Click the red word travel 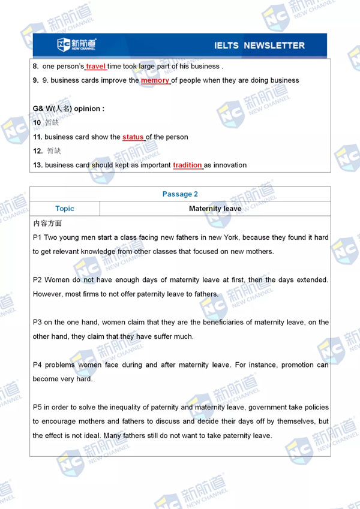(x=95, y=66)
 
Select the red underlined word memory (x=155, y=80)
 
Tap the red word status (x=133, y=137)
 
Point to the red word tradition (x=187, y=165)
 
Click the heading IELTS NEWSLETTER (x=259, y=46)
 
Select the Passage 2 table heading (x=180, y=194)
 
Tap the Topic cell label (x=65, y=209)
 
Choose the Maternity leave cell (x=215, y=209)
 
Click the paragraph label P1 (x=37, y=237)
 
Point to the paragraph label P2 (x=37, y=280)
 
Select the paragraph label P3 (x=37, y=323)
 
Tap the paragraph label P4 (x=37, y=365)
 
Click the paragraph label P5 (x=37, y=408)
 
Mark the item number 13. (x=37, y=165)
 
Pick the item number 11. (x=37, y=137)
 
